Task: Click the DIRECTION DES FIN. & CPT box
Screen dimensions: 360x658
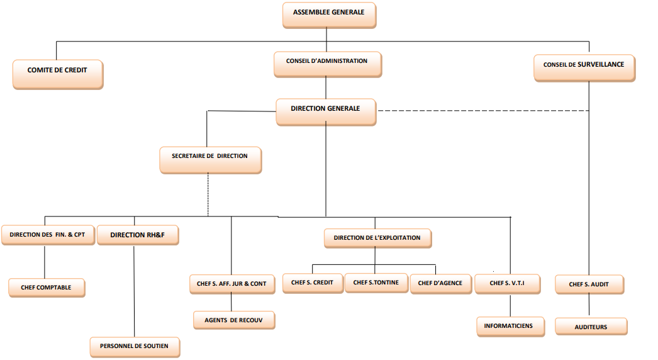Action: (x=47, y=235)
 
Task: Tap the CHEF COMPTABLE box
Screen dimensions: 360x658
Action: (x=47, y=288)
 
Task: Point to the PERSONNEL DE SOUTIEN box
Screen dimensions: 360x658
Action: (x=134, y=346)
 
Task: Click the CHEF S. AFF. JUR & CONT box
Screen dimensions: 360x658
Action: (x=231, y=284)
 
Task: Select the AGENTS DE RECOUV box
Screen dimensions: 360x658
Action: (x=233, y=320)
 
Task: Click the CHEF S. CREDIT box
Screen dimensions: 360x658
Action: (x=312, y=283)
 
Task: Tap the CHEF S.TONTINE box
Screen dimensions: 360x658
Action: (x=376, y=283)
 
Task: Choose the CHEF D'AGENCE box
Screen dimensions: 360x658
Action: (x=440, y=284)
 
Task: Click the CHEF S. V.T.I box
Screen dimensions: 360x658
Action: (x=506, y=284)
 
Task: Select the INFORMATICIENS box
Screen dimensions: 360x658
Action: (x=508, y=326)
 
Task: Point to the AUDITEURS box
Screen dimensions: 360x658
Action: (x=591, y=327)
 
